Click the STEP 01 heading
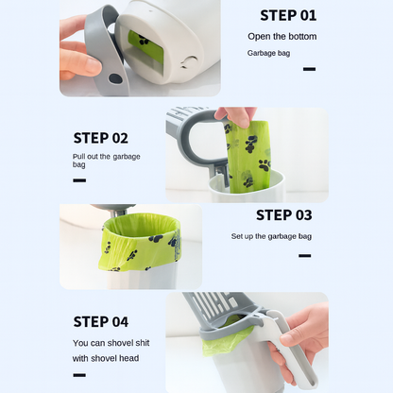click(x=288, y=15)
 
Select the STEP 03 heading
click(x=283, y=215)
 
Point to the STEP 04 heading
click(x=101, y=321)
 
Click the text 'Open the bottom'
click(x=282, y=37)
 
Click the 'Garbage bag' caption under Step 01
click(x=269, y=53)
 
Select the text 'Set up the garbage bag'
click(x=271, y=236)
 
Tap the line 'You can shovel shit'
click(x=111, y=343)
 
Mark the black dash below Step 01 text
click(x=309, y=69)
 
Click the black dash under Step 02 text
click(x=79, y=179)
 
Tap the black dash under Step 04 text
click(x=79, y=376)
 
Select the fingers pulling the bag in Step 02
click(x=236, y=115)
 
